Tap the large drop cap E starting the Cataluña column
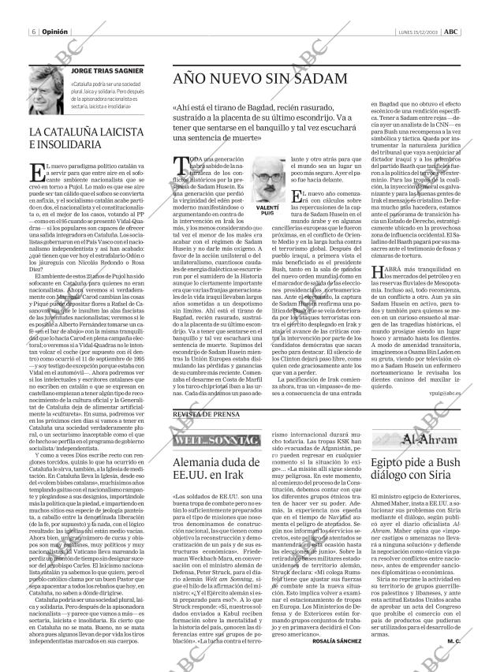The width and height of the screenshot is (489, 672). (35, 172)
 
